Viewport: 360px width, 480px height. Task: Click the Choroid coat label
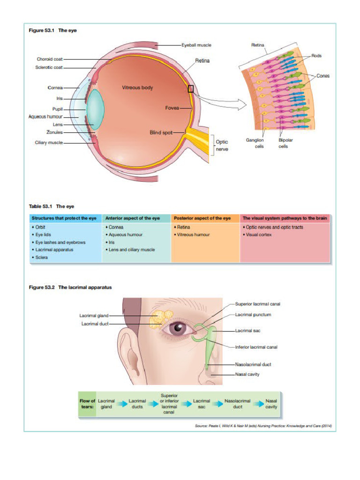point(50,59)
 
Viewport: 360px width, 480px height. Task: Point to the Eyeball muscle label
point(196,45)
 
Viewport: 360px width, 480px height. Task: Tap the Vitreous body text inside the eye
point(137,87)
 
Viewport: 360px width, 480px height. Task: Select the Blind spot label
point(161,133)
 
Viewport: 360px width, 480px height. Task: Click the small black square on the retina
point(191,89)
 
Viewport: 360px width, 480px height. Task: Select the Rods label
point(316,55)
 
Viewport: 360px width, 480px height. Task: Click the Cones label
point(322,76)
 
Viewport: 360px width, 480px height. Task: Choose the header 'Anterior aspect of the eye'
point(133,218)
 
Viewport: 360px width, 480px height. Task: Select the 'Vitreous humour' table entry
point(193,235)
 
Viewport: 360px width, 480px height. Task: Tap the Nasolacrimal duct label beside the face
point(253,364)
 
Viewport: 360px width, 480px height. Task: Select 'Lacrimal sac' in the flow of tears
point(202,404)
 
